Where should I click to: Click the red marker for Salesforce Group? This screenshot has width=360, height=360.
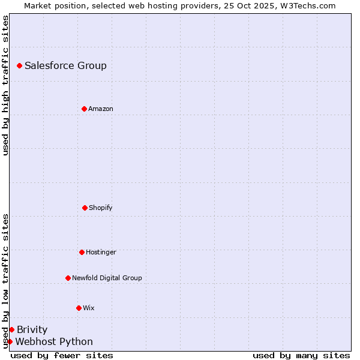(x=19, y=65)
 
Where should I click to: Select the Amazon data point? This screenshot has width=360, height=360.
(x=84, y=109)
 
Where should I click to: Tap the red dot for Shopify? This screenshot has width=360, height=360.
(x=85, y=208)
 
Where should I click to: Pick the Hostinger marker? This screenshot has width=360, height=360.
(x=82, y=252)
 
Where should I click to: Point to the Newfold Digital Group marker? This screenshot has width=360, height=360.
(x=68, y=278)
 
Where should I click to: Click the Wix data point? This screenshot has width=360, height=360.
(x=79, y=308)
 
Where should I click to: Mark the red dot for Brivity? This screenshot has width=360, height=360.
(x=11, y=329)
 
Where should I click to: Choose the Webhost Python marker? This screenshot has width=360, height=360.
(x=10, y=341)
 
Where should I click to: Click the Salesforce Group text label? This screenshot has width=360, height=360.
(x=65, y=65)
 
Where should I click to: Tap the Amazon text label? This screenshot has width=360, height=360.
(x=101, y=109)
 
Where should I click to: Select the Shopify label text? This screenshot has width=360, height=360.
(x=101, y=208)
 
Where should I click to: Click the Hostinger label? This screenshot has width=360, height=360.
(x=101, y=252)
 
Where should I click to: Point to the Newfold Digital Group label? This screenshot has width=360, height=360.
(x=107, y=278)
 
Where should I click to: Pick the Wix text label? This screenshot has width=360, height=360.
(x=89, y=308)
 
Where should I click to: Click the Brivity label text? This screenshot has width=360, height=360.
(x=32, y=329)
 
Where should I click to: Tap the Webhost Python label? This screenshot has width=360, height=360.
(x=54, y=341)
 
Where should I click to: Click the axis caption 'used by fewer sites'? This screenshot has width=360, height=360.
(x=62, y=355)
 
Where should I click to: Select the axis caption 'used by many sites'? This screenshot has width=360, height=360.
(x=301, y=355)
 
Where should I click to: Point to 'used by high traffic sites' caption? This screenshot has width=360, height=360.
(x=5, y=85)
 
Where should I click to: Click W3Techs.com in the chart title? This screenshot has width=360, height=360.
(x=307, y=5)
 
